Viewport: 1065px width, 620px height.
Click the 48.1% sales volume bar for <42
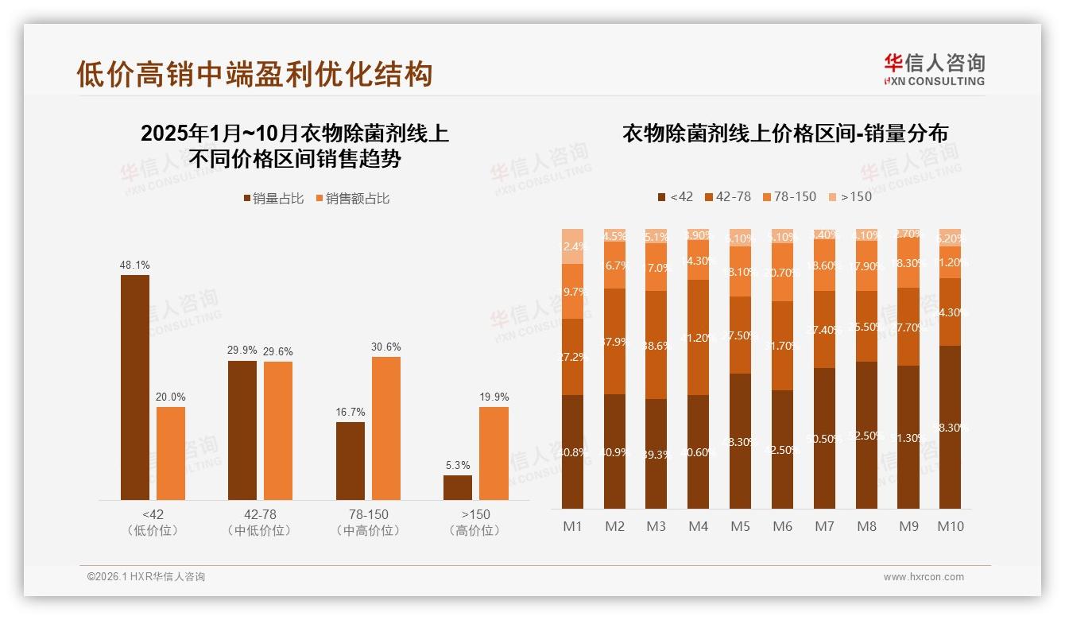click(x=134, y=387)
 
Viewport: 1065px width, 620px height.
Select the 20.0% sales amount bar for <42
click(x=171, y=453)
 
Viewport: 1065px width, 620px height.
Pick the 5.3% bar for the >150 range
click(x=458, y=487)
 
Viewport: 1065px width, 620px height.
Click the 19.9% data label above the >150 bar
click(x=494, y=397)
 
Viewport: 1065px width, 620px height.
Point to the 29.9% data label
click(x=242, y=350)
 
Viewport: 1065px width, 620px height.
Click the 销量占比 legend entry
click(x=273, y=199)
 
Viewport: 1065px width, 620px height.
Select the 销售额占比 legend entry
click(x=353, y=199)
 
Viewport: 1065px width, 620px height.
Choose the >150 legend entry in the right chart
click(x=850, y=196)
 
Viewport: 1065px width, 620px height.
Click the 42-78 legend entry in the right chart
click(x=727, y=196)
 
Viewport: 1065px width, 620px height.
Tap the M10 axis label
click(x=950, y=526)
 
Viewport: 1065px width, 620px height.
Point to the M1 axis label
click(x=572, y=526)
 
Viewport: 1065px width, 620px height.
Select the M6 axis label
click(x=782, y=526)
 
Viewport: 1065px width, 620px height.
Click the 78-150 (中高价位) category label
click(x=368, y=522)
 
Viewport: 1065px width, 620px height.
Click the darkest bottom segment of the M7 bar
click(x=824, y=438)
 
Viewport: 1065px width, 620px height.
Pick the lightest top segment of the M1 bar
click(x=572, y=246)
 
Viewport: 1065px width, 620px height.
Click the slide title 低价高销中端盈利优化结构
click(x=254, y=74)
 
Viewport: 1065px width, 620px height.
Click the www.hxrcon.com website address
click(x=924, y=577)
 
